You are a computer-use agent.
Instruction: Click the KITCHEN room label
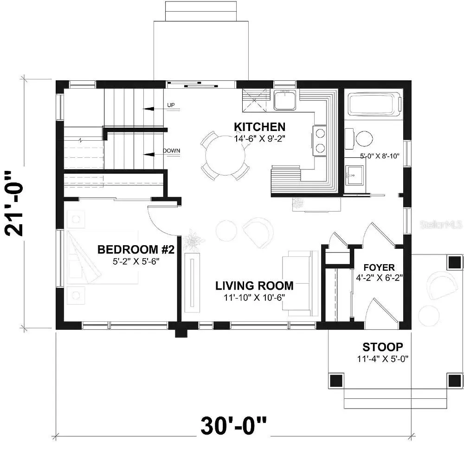coord(259,127)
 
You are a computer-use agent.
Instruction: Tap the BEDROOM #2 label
coord(136,250)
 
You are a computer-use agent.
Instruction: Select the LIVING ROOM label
coord(254,286)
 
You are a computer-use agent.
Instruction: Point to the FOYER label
coord(379,268)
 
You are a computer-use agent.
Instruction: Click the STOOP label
coord(383,347)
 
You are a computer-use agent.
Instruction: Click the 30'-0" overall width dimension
coord(233,425)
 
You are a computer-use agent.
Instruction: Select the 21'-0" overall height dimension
coord(14,203)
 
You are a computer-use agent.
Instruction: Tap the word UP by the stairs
coord(171,105)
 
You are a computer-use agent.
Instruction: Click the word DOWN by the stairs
coord(171,150)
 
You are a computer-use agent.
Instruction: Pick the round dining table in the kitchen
coord(225,156)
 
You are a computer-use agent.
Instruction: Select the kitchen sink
coord(285,100)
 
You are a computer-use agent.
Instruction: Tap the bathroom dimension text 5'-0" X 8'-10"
coord(380,156)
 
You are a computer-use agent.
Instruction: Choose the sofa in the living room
coord(299,283)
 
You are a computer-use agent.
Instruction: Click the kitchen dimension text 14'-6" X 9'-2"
coord(259,139)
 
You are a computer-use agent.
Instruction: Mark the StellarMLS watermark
coord(441,224)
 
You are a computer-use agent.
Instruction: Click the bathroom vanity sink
coord(354,176)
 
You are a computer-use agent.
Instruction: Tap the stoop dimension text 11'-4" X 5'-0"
coord(383,358)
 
